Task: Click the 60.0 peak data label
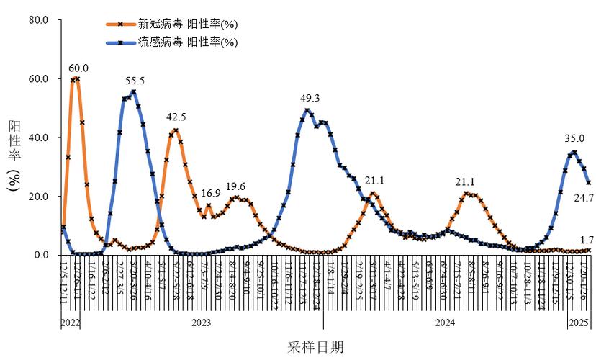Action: point(78,68)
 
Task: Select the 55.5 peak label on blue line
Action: point(135,81)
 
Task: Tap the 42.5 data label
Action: point(176,117)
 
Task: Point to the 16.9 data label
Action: point(211,194)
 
